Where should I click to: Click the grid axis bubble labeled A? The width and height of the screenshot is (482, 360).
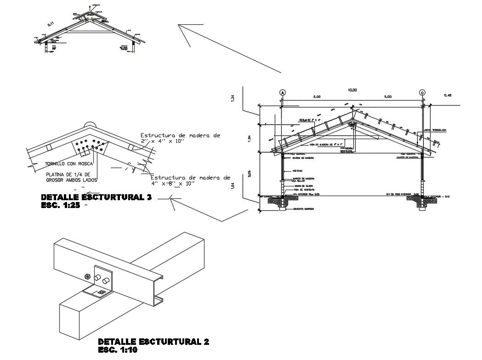click(283, 92)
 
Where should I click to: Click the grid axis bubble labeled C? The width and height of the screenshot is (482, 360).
click(422, 92)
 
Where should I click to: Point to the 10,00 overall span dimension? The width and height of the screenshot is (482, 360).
click(352, 90)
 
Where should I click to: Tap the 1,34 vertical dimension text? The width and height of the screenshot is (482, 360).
click(233, 98)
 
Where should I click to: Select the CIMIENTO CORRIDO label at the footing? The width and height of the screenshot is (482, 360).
click(304, 208)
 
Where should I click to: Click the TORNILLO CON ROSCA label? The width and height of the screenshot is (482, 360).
click(69, 163)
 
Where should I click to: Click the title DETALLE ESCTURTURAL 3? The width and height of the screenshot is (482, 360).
click(96, 198)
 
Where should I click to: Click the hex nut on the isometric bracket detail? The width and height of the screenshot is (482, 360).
click(88, 276)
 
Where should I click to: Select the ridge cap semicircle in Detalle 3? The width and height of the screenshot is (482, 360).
click(90, 124)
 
